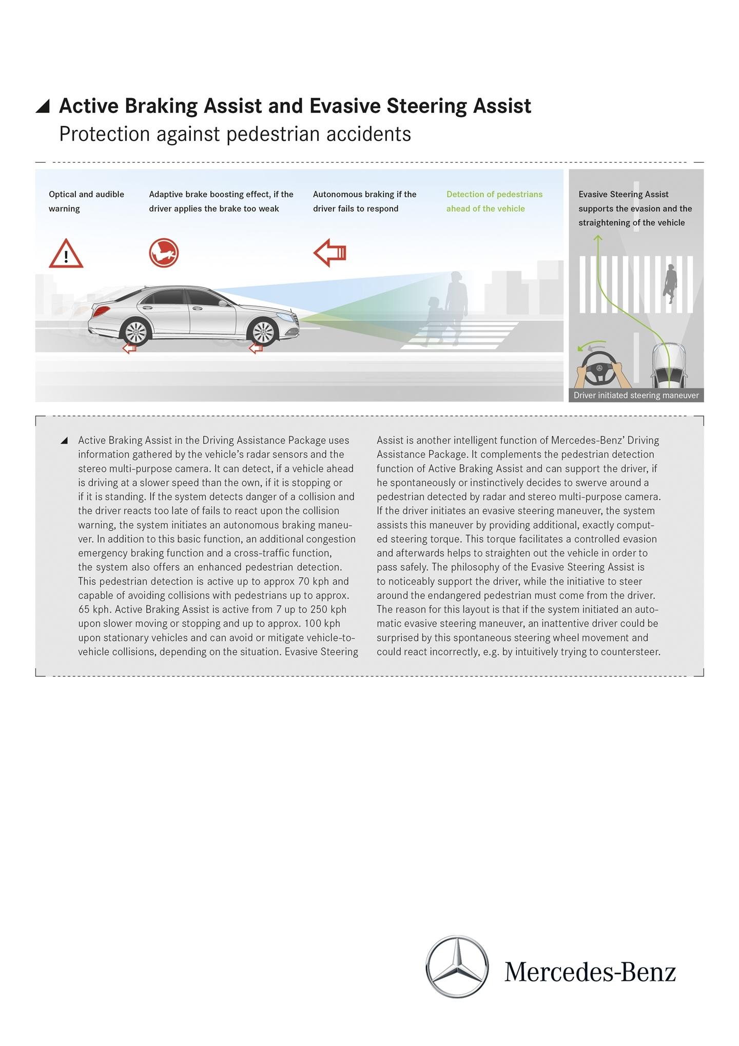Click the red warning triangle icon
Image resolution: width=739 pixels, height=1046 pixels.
(x=66, y=254)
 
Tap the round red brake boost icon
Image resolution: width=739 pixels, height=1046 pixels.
(x=164, y=253)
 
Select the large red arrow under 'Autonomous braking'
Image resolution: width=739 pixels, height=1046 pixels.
(x=330, y=253)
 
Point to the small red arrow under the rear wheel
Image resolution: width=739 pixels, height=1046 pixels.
(x=129, y=349)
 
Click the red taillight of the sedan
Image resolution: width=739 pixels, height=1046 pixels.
(x=100, y=311)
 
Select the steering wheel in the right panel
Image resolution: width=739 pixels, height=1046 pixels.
(x=599, y=368)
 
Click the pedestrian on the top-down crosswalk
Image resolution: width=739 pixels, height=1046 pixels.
(x=670, y=283)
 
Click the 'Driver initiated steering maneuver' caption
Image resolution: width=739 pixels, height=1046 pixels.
(x=636, y=395)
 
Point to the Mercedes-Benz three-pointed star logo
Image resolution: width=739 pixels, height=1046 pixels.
(x=457, y=966)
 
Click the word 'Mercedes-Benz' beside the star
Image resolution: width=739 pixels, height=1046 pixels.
(x=590, y=972)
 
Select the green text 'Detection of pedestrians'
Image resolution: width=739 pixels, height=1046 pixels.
(x=494, y=195)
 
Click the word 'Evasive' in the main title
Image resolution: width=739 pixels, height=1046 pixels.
(x=345, y=106)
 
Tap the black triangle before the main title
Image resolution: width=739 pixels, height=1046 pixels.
(x=43, y=106)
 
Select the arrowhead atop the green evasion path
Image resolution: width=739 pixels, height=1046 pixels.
(x=598, y=238)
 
